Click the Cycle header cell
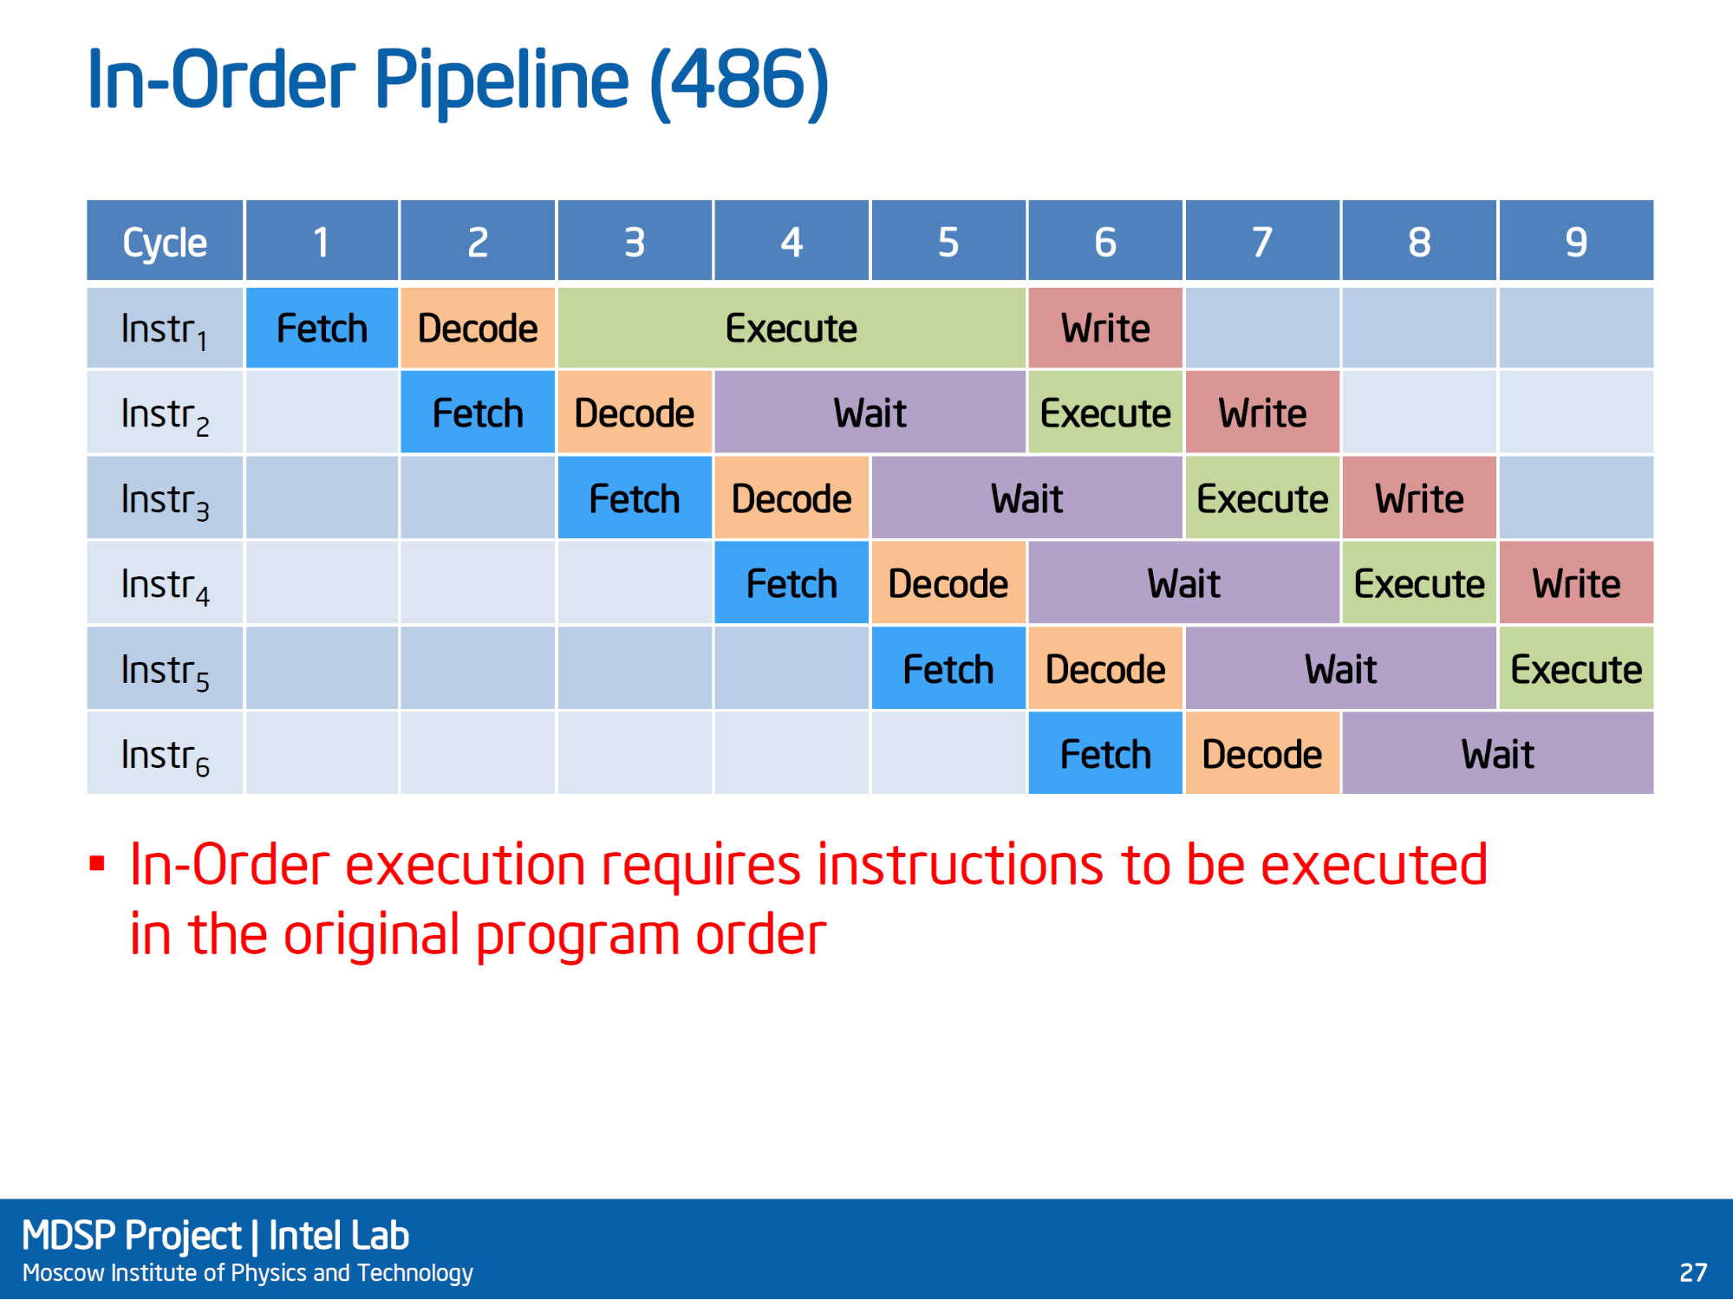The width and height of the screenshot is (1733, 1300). pyautogui.click(x=165, y=241)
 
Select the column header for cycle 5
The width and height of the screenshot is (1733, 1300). pyautogui.click(x=948, y=241)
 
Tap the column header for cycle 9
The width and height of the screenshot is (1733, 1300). pyautogui.click(x=1576, y=241)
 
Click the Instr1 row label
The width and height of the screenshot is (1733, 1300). pyautogui.click(x=165, y=328)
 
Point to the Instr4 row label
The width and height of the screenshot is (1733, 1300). pyautogui.click(x=165, y=583)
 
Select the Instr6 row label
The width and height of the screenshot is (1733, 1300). pyautogui.click(x=165, y=754)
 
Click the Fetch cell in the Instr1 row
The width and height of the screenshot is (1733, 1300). pyautogui.click(x=322, y=328)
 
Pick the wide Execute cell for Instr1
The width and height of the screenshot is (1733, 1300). pyautogui.click(x=792, y=328)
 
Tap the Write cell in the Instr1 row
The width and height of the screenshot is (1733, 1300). pyautogui.click(x=1105, y=328)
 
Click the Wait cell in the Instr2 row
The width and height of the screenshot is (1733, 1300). pyautogui.click(x=870, y=413)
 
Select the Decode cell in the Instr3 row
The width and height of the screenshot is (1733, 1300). pyautogui.click(x=792, y=498)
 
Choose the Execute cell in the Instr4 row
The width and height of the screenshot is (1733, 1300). pyautogui.click(x=1419, y=583)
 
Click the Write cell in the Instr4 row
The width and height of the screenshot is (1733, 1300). pyautogui.click(x=1576, y=583)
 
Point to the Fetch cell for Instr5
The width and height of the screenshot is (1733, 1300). pyautogui.click(x=948, y=669)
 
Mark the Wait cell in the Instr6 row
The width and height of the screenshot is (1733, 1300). pyautogui.click(x=1497, y=754)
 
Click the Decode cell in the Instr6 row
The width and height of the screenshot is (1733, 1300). pyautogui.click(x=1262, y=754)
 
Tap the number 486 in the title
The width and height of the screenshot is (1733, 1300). pyautogui.click(x=739, y=81)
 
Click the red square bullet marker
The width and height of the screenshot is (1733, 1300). pyautogui.click(x=97, y=863)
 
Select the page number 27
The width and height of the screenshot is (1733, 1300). pyautogui.click(x=1693, y=1272)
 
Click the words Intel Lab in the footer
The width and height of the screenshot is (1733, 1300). pyautogui.click(x=338, y=1236)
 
